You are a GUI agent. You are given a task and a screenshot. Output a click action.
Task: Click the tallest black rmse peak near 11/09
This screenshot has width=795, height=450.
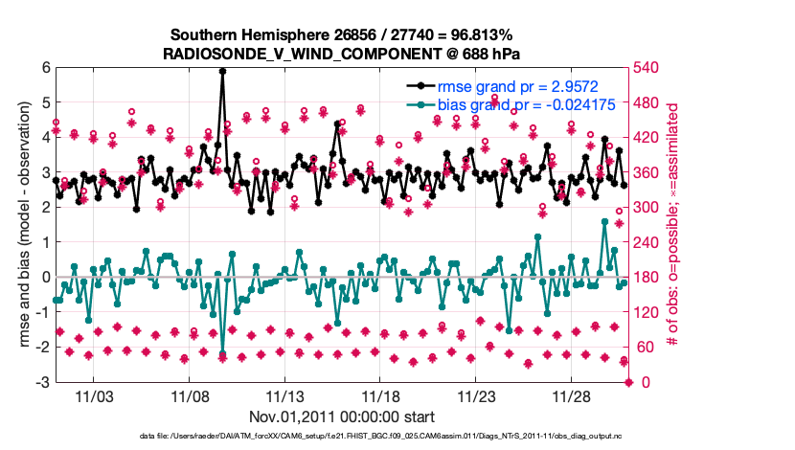[222, 71]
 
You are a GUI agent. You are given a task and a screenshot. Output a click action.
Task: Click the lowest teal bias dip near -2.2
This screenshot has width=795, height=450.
[222, 352]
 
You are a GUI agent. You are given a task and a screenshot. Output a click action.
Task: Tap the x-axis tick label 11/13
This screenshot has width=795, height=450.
[285, 396]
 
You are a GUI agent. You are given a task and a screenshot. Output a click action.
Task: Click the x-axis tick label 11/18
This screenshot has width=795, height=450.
[380, 396]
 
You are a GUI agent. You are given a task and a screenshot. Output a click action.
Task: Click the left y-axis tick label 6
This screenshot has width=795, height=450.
[45, 68]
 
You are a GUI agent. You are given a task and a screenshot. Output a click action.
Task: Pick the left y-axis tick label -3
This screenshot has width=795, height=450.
[41, 382]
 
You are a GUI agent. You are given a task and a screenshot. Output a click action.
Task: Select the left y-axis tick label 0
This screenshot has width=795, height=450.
[45, 277]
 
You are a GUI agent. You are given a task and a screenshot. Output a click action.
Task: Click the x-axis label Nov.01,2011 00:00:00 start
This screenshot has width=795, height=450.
[342, 416]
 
